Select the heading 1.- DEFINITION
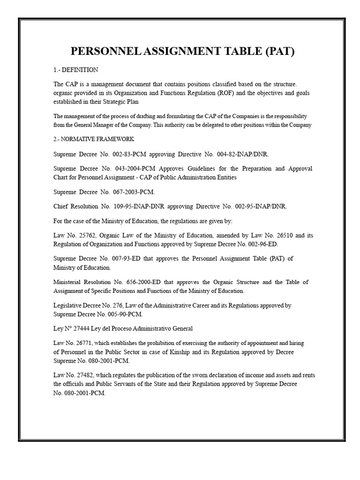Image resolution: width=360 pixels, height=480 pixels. pos(75,70)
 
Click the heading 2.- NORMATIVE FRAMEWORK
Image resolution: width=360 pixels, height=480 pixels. pos(94,139)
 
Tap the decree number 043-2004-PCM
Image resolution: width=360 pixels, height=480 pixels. pos(128,168)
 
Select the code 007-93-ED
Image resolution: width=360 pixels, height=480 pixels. pos(124,258)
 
